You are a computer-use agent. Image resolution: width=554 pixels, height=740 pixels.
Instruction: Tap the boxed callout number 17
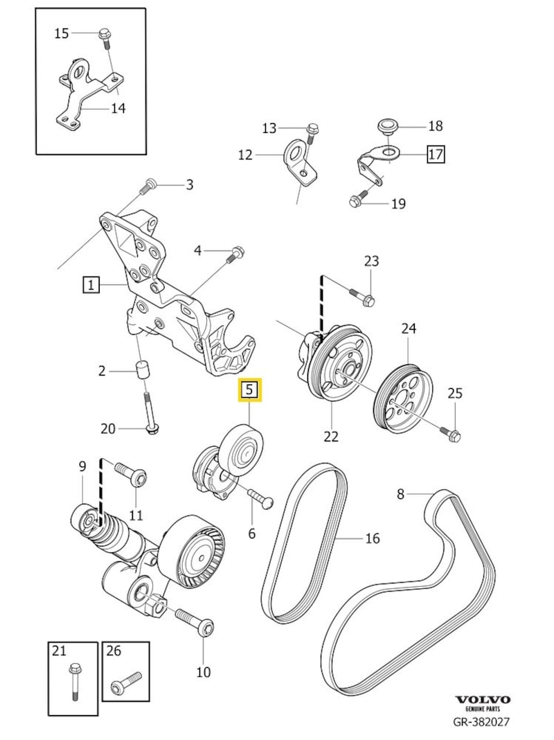[x=436, y=154]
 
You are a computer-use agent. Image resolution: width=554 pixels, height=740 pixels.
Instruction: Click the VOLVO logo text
[x=483, y=700]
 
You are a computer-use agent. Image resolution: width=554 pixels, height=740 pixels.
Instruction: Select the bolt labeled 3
[x=148, y=185]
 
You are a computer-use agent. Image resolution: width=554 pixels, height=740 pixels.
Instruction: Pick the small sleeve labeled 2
[x=143, y=371]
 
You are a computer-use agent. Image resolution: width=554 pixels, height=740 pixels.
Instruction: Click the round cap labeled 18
[x=386, y=126]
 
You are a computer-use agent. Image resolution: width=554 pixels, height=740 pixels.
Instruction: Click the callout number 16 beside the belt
[x=373, y=538]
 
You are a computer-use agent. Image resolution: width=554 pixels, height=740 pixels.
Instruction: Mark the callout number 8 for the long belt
[x=400, y=494]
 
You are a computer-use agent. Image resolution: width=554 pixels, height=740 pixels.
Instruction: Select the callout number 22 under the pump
[x=331, y=436]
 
